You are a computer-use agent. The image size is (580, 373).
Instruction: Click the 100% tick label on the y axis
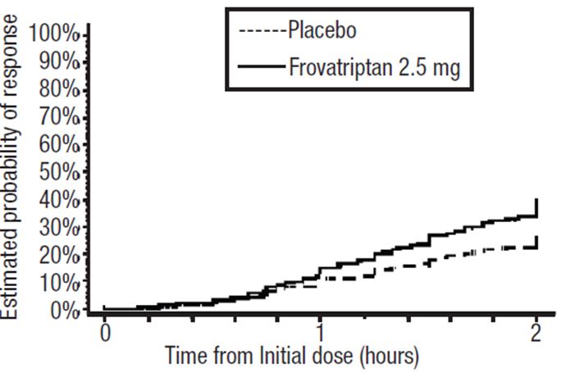click(53, 34)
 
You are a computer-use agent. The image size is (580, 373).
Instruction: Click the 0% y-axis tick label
click(62, 311)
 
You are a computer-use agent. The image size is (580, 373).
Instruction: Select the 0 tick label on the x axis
click(104, 334)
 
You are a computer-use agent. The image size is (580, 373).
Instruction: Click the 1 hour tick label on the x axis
click(320, 334)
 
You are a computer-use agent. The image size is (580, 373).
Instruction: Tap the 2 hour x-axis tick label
click(536, 334)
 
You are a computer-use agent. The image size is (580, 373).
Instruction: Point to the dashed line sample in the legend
click(262, 32)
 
